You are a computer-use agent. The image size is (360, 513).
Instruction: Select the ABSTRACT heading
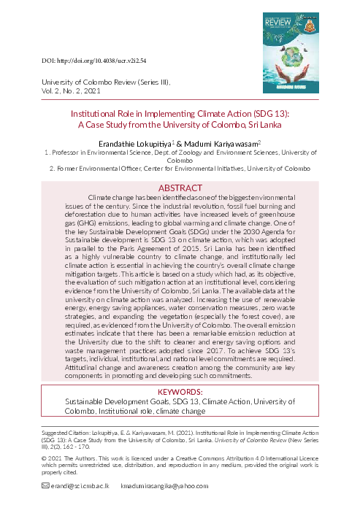pyautogui.click(x=180, y=188)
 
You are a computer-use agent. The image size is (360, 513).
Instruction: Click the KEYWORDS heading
pyautogui.click(x=180, y=393)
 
